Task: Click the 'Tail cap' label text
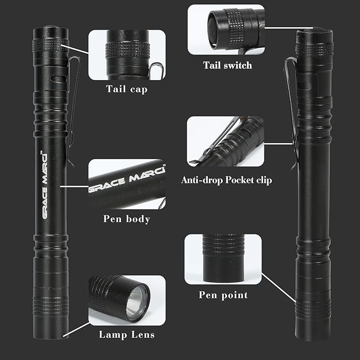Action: click(127, 89)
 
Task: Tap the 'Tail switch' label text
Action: click(227, 66)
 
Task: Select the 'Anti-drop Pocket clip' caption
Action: click(226, 180)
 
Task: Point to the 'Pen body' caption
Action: click(127, 218)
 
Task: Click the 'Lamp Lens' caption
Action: click(127, 334)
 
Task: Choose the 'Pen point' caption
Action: click(223, 295)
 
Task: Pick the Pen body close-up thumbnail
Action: click(127, 184)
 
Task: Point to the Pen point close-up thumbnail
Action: click(223, 259)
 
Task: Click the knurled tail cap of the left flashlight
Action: click(50, 45)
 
